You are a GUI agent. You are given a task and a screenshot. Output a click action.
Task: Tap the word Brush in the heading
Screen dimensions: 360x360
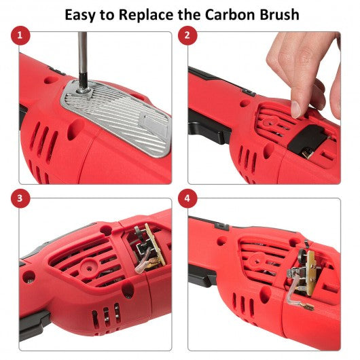pos(279,14)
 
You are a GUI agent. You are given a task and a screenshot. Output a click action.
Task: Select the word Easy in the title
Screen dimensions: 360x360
pos(80,15)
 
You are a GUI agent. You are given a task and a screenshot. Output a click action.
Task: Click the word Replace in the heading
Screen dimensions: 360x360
pos(146,15)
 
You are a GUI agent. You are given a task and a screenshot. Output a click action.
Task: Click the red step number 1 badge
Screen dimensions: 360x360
pos(20,35)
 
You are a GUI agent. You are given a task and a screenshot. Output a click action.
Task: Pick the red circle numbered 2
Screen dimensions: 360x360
pos(187,35)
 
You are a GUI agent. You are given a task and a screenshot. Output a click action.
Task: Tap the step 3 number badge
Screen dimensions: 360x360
pos(20,198)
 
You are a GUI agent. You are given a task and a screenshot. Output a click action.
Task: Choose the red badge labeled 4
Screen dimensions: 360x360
pos(187,198)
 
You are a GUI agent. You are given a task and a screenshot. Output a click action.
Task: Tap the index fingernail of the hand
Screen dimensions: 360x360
pos(296,109)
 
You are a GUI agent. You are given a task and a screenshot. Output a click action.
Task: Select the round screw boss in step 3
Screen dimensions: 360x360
pos(89,268)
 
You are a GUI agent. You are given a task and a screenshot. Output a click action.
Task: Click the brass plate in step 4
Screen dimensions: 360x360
pos(312,268)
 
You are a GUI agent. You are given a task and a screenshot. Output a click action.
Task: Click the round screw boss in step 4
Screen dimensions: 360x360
pos(257,260)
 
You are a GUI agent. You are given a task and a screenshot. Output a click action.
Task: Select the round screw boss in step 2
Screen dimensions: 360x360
pos(269,121)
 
